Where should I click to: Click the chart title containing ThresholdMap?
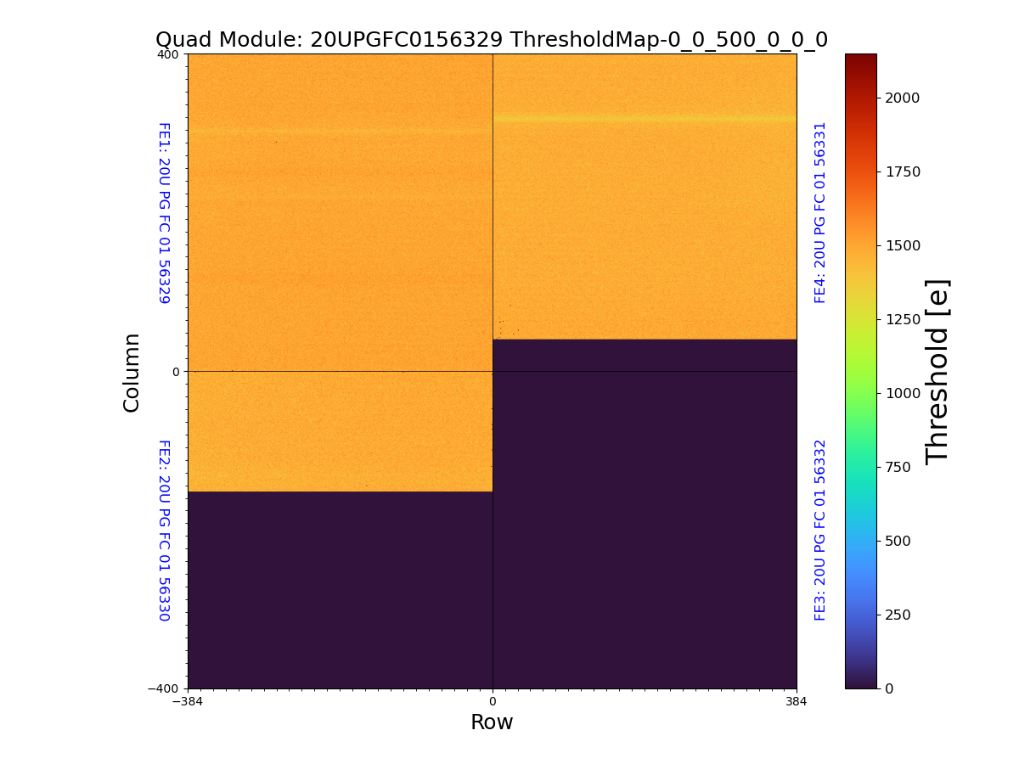tap(492, 40)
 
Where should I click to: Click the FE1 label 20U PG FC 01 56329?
tap(164, 213)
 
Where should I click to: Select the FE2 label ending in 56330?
tap(164, 530)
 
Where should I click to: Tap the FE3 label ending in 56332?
tap(820, 530)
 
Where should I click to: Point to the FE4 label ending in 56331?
tap(820, 213)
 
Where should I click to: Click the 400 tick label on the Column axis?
tap(168, 54)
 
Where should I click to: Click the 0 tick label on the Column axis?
tap(176, 372)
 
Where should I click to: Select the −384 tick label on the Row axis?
tap(188, 702)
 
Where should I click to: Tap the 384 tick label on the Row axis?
tap(797, 702)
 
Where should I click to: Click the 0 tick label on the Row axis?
tap(493, 702)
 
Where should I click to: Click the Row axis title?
tap(492, 722)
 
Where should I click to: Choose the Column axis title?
tap(132, 372)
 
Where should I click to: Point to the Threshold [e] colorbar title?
tap(937, 372)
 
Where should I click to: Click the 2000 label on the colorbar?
tap(903, 98)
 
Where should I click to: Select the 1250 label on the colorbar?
tap(903, 319)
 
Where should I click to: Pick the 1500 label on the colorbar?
tap(903, 245)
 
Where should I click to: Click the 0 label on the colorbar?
tap(889, 688)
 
